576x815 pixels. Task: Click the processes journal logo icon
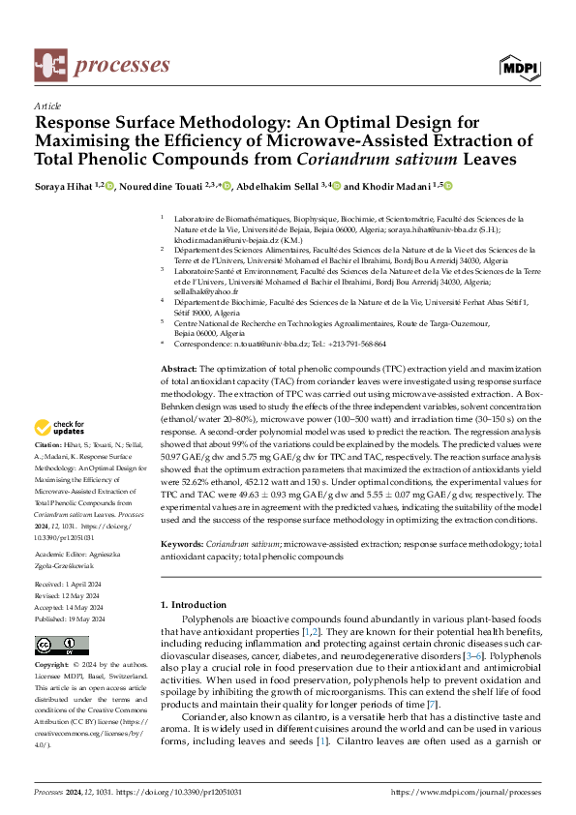click(x=49, y=65)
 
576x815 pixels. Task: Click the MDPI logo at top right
click(x=519, y=66)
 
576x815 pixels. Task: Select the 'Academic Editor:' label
click(x=60, y=555)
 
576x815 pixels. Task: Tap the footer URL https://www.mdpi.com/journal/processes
click(x=465, y=791)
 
